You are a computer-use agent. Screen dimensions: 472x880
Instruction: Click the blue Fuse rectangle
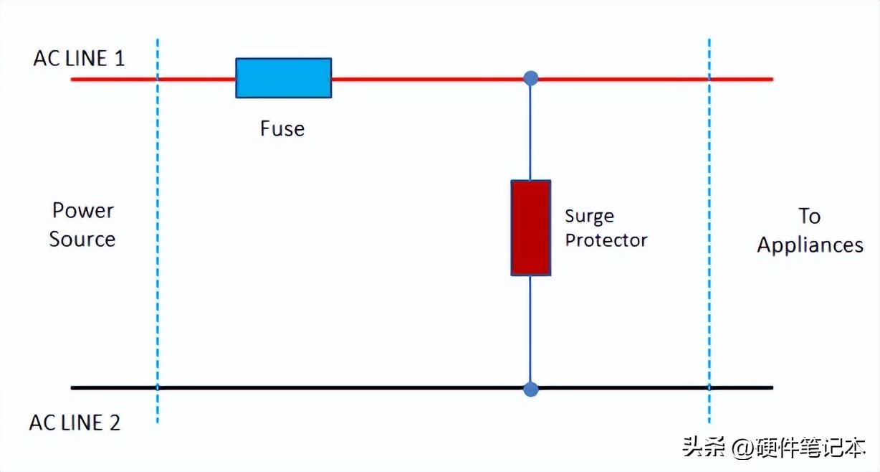[284, 77]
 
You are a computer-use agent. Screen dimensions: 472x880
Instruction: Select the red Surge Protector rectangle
[530, 228]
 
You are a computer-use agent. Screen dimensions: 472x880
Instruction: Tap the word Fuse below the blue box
[282, 129]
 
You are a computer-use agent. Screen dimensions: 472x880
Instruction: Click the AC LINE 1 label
[79, 58]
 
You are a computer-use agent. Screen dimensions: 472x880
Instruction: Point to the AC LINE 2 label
[75, 423]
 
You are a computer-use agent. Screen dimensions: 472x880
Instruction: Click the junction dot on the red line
[531, 78]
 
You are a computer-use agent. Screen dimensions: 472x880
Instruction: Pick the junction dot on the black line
[531, 389]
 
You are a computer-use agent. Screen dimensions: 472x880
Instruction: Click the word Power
[83, 211]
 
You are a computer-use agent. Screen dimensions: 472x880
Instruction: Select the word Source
[82, 239]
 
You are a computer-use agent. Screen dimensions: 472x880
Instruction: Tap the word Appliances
[810, 245]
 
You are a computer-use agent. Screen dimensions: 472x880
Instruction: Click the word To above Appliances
[810, 216]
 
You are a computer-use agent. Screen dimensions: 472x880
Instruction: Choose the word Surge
[589, 217]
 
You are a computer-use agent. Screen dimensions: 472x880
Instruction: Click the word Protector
[606, 240]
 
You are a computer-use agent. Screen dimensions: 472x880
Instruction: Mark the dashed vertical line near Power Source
[157, 230]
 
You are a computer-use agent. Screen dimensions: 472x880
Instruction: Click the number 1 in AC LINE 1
[119, 58]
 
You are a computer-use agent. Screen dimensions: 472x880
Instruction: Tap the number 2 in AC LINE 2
[114, 423]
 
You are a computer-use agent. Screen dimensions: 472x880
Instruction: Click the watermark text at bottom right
[774, 448]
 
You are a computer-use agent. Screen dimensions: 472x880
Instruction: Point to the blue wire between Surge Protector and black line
[531, 330]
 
